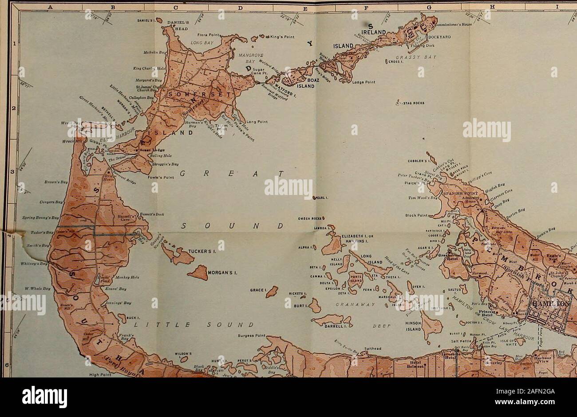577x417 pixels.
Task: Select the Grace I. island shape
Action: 274,292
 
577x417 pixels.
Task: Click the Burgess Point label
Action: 252,336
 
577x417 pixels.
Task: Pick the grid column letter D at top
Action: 241,6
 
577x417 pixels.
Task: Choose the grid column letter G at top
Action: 428,6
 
